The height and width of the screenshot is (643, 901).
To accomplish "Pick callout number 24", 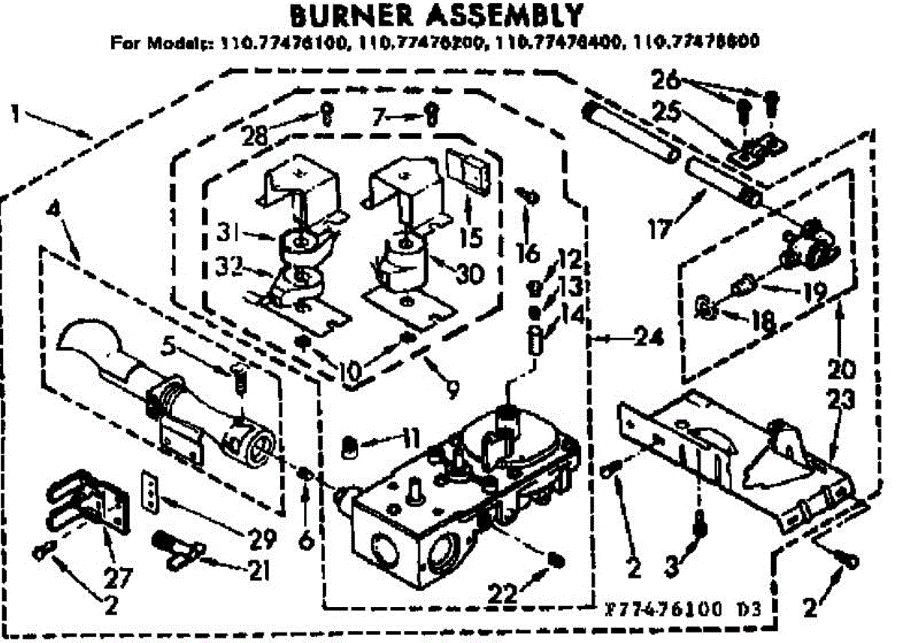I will [x=650, y=340].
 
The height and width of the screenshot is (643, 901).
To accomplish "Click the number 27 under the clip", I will [x=119, y=578].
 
